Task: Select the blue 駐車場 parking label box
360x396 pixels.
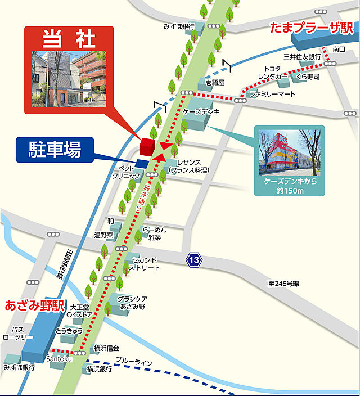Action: [55, 150]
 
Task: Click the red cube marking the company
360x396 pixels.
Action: [147, 146]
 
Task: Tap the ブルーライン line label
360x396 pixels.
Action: [134, 362]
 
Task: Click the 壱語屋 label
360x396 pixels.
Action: [215, 82]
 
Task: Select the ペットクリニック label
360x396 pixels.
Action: [125, 172]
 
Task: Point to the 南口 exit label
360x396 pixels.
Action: [339, 49]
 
